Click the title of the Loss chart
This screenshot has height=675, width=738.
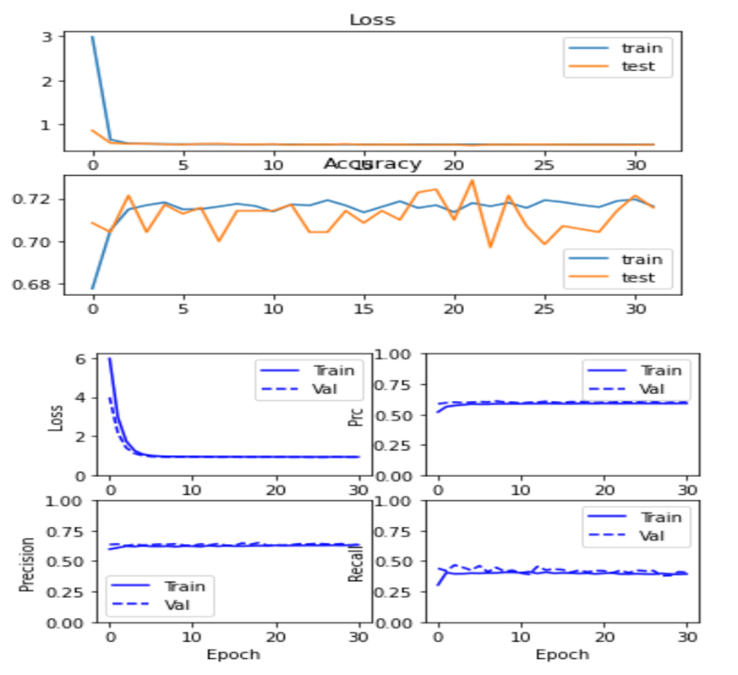pyautogui.click(x=372, y=19)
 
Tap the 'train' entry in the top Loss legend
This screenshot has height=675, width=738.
pyautogui.click(x=639, y=47)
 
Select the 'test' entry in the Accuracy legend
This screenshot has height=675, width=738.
pyautogui.click(x=639, y=277)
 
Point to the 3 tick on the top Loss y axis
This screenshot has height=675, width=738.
pyautogui.click(x=47, y=37)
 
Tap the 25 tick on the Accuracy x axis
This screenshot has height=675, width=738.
pyautogui.click(x=545, y=310)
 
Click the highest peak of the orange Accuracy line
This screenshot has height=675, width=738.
pyautogui.click(x=472, y=180)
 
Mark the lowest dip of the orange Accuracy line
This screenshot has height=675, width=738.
pyautogui.click(x=490, y=247)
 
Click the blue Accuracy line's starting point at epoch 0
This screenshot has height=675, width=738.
pyautogui.click(x=92, y=288)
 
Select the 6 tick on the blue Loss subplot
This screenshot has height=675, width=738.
pyautogui.click(x=82, y=359)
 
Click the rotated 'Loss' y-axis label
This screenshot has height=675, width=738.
pyautogui.click(x=57, y=418)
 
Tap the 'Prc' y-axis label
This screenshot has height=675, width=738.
pyautogui.click(x=357, y=416)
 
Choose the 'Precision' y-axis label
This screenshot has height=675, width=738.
pyautogui.click(x=28, y=562)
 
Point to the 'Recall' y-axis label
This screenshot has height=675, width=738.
pyautogui.click(x=357, y=562)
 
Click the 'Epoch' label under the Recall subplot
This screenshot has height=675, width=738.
pyautogui.click(x=562, y=654)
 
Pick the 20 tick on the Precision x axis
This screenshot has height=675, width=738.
pyautogui.click(x=276, y=636)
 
